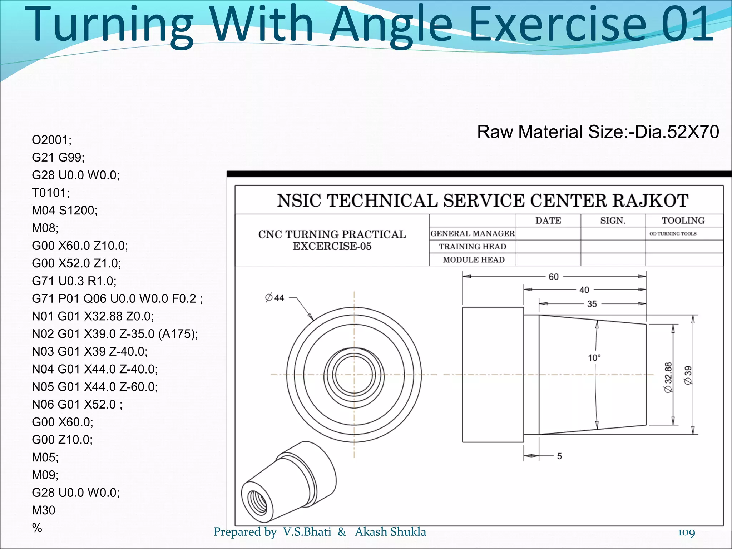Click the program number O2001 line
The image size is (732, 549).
[x=52, y=140]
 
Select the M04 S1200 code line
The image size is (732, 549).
[x=65, y=210]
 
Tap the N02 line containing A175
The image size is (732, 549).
[x=115, y=334]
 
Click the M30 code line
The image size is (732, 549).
[x=44, y=510]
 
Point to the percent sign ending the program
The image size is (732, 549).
[x=37, y=528]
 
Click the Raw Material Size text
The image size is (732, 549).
[x=598, y=132]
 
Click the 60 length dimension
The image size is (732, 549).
[x=553, y=277]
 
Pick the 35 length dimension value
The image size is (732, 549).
[x=592, y=304]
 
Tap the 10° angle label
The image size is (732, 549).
[x=594, y=357]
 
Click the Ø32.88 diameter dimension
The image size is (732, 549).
[x=668, y=377]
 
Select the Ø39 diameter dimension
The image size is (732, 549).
[x=688, y=375]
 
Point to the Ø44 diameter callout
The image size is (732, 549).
[x=274, y=297]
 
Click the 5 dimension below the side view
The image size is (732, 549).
[x=559, y=456]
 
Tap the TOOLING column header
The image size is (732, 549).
[x=683, y=221]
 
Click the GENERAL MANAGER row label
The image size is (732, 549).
[x=473, y=233]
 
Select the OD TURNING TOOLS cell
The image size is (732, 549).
[x=673, y=234]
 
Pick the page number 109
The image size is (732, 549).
[x=686, y=532]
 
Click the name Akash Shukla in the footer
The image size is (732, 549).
[x=390, y=532]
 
